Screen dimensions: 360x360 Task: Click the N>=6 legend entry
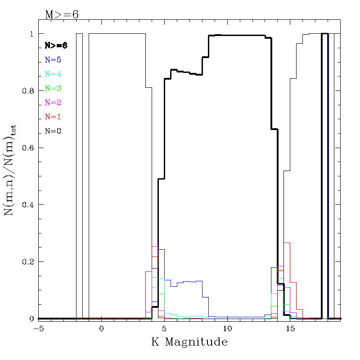(x=56, y=45)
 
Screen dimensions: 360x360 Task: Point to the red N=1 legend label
(x=53, y=117)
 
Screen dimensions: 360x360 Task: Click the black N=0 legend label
(x=53, y=131)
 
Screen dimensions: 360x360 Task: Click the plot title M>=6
(x=62, y=14)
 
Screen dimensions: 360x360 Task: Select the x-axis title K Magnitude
(x=189, y=342)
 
